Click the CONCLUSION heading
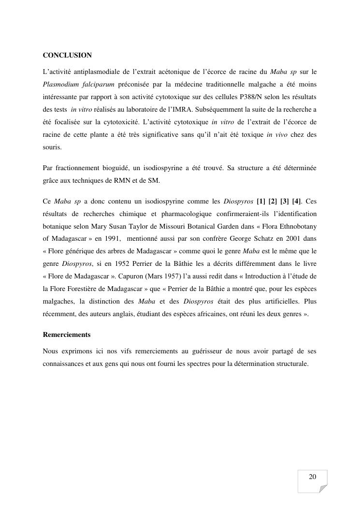point(67,56)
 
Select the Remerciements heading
point(67,334)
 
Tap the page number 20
point(312,477)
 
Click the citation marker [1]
point(261,201)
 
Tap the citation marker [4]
point(296,201)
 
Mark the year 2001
point(292,238)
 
